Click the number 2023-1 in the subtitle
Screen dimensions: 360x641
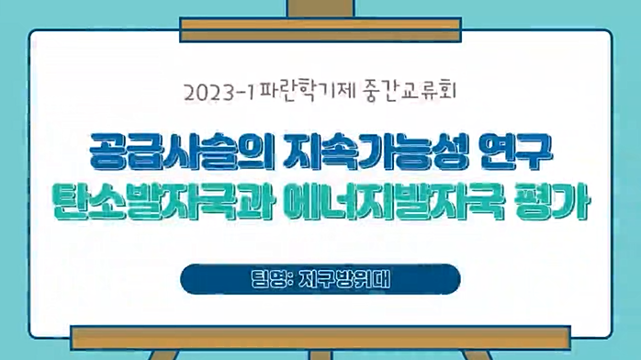pyautogui.click(x=219, y=92)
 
